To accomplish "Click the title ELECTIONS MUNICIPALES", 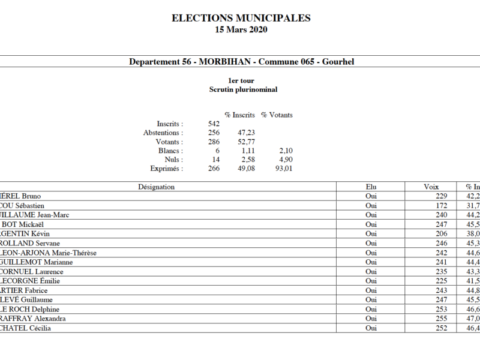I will (x=241, y=18).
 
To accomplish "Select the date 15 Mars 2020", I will (x=241, y=29).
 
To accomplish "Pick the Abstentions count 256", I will (x=213, y=133).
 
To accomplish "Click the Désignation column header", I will (x=156, y=187).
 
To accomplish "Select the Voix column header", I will (x=431, y=187).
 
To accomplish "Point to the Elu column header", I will (x=371, y=187).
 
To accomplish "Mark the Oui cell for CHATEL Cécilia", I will (x=371, y=328).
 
